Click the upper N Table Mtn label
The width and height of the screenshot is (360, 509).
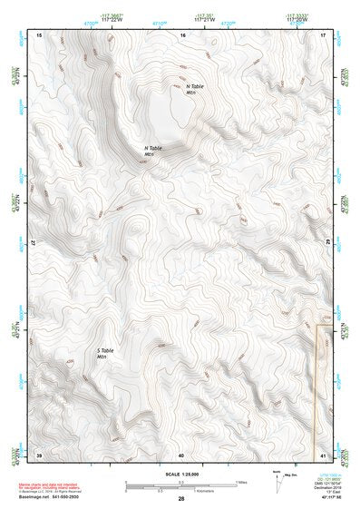click(184, 89)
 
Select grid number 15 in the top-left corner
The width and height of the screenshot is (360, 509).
click(38, 34)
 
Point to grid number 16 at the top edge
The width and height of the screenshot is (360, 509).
click(182, 34)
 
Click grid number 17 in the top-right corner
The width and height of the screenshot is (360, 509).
click(324, 34)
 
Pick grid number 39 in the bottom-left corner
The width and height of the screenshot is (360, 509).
click(39, 454)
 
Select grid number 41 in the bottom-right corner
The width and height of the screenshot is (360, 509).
click(324, 454)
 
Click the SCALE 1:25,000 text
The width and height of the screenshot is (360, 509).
click(180, 472)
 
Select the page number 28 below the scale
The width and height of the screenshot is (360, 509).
click(180, 499)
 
